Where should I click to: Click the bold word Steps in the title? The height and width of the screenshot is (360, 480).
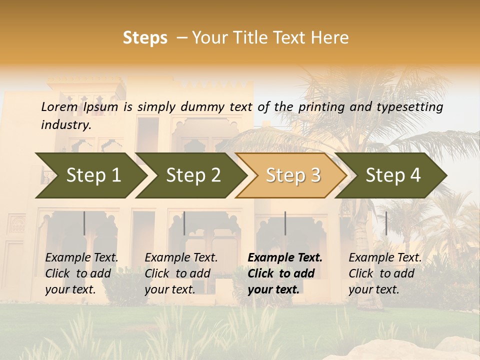(145, 38)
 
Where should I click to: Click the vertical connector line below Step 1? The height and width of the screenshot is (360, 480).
(84, 223)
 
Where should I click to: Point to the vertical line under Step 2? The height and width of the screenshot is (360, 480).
(184, 223)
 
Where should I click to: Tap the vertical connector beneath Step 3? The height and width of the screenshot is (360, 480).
(285, 223)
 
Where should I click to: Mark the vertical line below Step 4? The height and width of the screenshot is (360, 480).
(386, 223)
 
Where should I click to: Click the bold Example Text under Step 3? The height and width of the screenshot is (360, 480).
(285, 257)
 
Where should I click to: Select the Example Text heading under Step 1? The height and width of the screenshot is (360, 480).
(81, 257)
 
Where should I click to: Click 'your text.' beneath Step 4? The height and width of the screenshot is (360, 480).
(373, 289)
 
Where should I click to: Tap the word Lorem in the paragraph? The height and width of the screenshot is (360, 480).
(59, 106)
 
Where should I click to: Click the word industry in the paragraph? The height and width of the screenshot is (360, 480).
(66, 124)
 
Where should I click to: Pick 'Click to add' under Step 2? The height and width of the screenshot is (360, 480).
(177, 273)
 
